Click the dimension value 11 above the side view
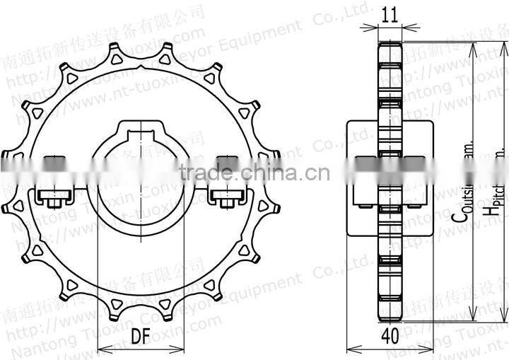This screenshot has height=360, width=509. click(x=390, y=13)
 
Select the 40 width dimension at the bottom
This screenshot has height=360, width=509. click(x=390, y=337)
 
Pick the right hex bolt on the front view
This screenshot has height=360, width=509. click(x=227, y=199)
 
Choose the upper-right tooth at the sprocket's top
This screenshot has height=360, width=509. click(x=167, y=51)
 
